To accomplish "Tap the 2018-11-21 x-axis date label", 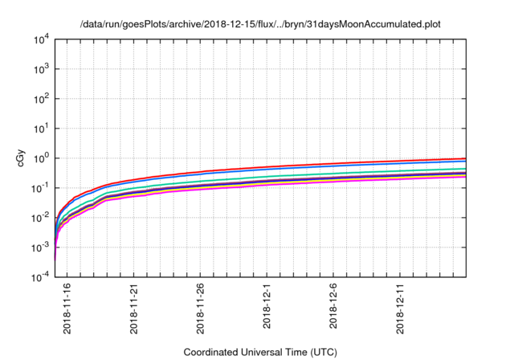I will click(133, 309).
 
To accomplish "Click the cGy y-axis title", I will click(22, 159).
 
